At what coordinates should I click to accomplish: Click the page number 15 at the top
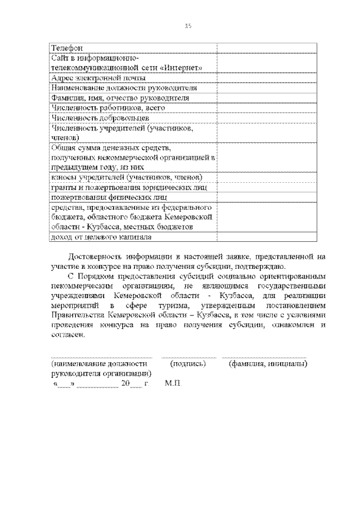[188, 25]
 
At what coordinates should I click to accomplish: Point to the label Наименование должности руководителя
[124, 88]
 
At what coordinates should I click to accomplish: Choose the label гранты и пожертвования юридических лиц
[129, 188]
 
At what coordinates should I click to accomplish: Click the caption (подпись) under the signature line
[188, 364]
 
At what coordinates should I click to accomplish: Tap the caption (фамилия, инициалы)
[267, 364]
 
